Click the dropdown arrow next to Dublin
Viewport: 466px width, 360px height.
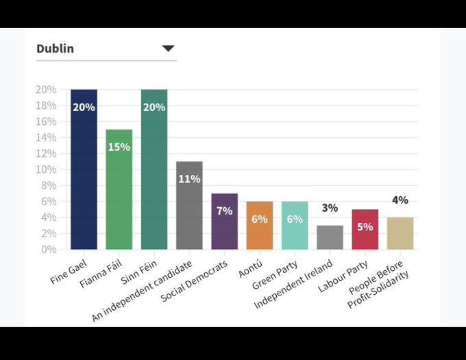[x=168, y=49]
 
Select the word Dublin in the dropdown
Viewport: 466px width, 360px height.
[x=55, y=49]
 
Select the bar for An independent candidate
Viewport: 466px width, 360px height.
[x=189, y=205]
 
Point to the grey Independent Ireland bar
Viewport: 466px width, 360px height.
[x=330, y=237]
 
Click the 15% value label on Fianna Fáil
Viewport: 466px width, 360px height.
[x=119, y=147]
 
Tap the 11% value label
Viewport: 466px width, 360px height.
[x=189, y=179]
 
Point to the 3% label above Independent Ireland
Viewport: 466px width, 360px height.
[x=330, y=208]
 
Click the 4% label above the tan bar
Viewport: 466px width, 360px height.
[x=400, y=200]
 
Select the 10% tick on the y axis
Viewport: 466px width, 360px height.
[x=46, y=169]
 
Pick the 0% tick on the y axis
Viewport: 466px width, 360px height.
[x=48, y=250]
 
